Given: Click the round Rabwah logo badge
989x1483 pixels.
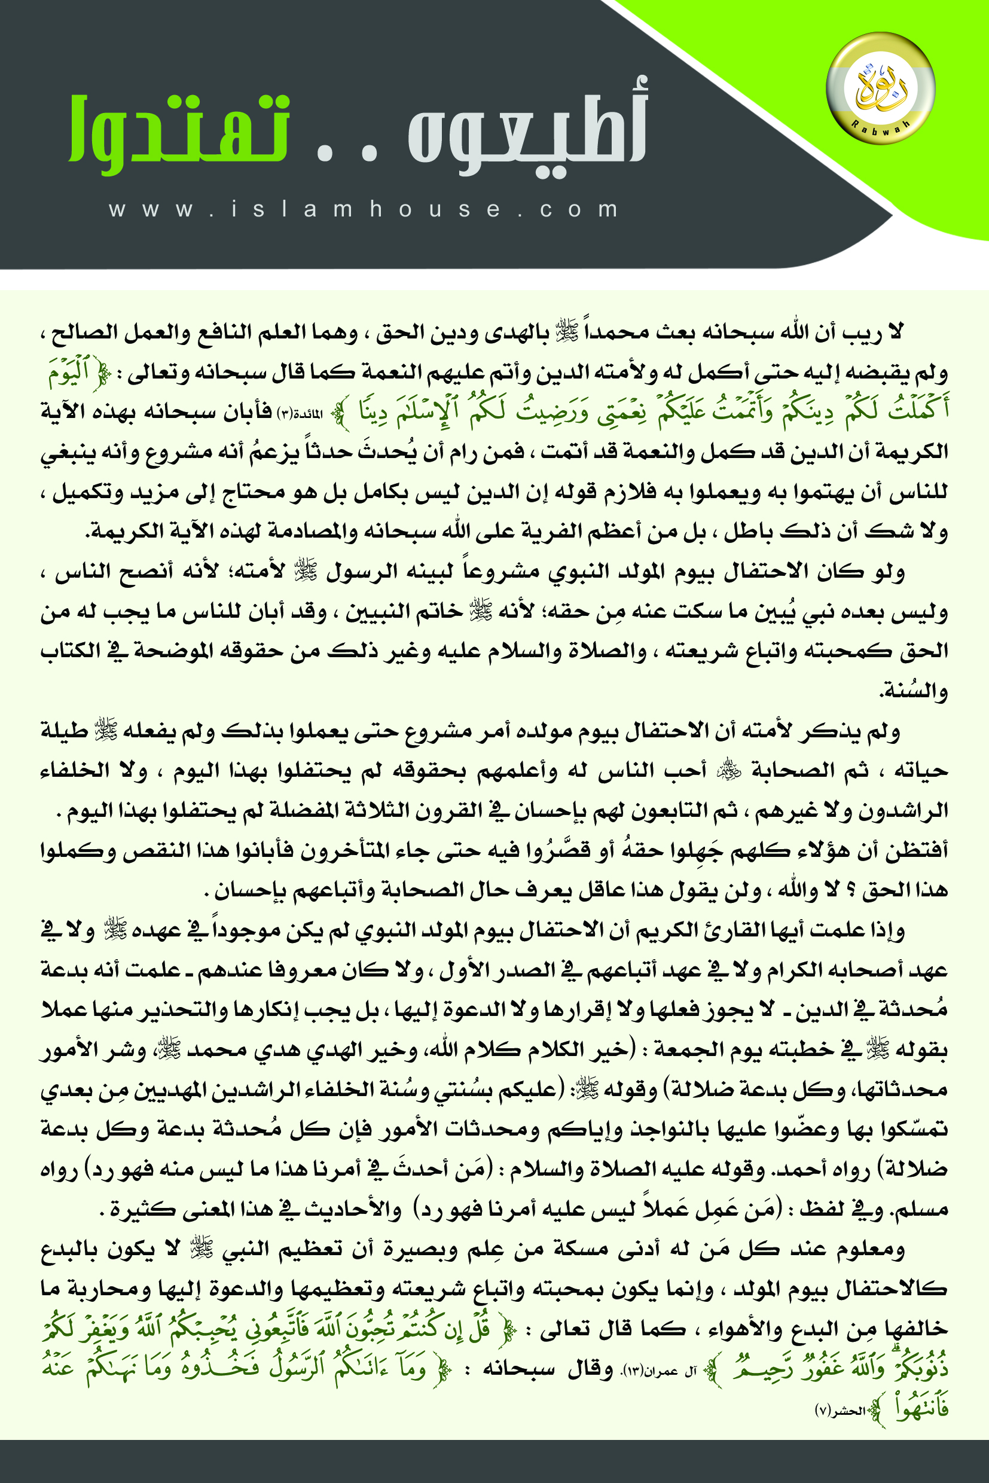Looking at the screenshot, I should coord(881,88).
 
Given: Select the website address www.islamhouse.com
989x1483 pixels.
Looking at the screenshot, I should coord(365,209).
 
